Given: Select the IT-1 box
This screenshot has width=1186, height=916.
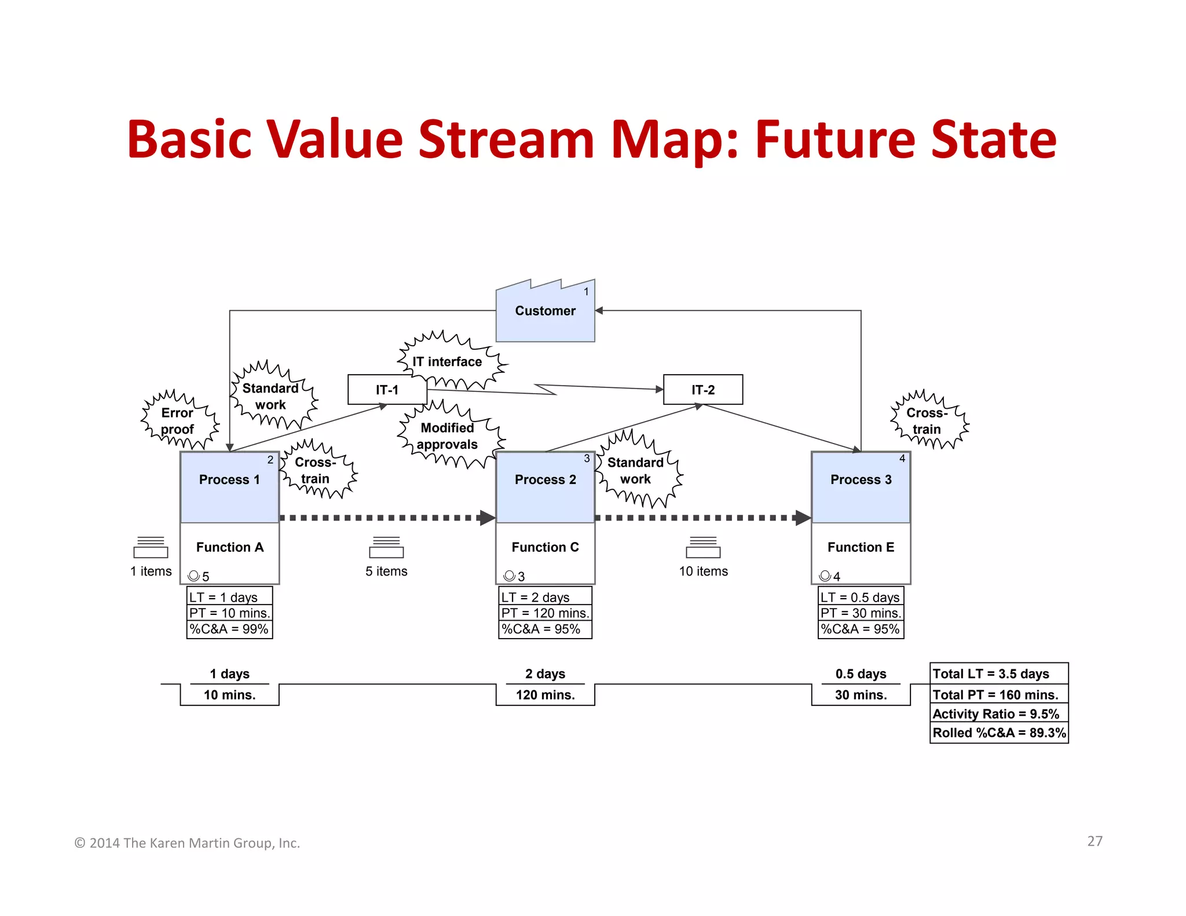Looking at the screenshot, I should coord(387,390).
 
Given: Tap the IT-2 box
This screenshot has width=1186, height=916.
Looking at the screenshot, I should coord(702,390).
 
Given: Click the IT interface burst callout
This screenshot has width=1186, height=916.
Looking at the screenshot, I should coord(447,361).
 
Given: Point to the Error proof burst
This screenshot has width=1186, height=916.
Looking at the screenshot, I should coord(177,421).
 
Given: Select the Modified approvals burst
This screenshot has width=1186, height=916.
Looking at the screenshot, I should coord(447,436).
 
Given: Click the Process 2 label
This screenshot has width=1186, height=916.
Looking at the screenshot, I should coord(545,479).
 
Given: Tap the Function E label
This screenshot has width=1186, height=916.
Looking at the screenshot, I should coord(861,547).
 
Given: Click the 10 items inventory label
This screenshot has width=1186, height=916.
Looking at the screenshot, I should coord(703,571).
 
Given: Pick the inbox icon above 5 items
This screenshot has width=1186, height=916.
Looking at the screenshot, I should coord(386,548).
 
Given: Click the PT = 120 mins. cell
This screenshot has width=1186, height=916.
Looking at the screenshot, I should coord(545,613).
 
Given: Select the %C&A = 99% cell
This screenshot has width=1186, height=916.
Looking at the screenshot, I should coord(229,629).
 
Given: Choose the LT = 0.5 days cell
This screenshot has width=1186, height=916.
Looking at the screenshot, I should coord(860,597).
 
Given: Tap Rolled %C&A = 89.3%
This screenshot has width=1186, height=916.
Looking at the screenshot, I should coord(999,733).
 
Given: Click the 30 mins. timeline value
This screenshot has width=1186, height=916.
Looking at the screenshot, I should coord(861,695).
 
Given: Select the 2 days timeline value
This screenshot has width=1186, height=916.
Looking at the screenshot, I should coord(545,674).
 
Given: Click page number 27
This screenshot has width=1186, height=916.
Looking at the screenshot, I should coord(1095,841).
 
